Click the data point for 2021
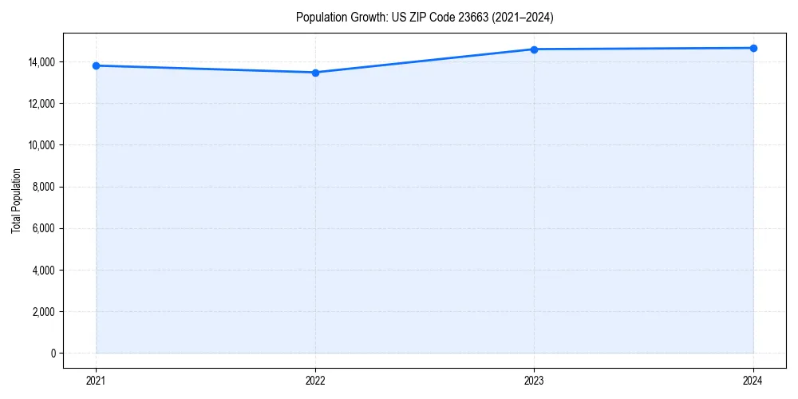tap(96, 65)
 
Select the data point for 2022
tap(315, 73)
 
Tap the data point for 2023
tap(534, 49)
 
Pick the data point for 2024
tap(753, 48)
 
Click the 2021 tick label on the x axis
tap(96, 381)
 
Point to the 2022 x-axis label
tap(315, 381)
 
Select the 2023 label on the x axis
tap(534, 381)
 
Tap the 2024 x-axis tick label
tap(753, 381)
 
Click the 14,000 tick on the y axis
tap(41, 62)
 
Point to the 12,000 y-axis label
tap(41, 104)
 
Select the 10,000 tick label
tap(41, 145)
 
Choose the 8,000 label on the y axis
tap(43, 187)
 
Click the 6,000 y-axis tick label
tap(43, 228)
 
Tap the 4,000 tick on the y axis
tap(43, 270)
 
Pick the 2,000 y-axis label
tap(43, 311)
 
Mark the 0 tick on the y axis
tap(53, 353)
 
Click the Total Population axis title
tap(16, 200)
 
